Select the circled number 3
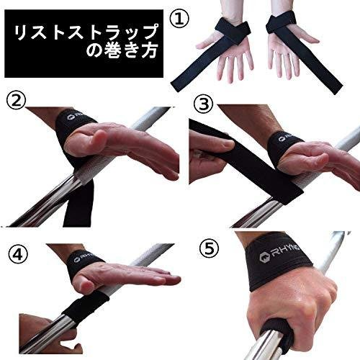point(203,105)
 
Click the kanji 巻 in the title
point(107,50)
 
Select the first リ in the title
point(21,32)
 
